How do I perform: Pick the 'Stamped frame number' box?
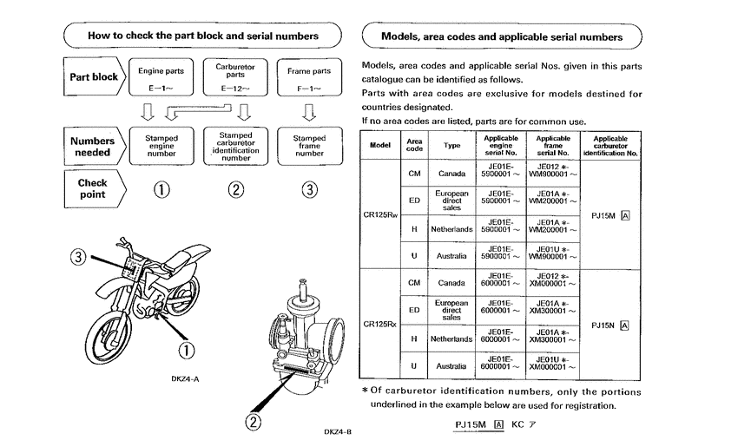pos(309,146)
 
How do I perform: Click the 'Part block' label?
pos(93,77)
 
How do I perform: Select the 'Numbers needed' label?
pos(92,147)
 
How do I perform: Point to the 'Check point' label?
pos(92,189)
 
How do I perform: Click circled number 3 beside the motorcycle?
pos(79,257)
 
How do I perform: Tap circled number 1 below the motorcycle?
pos(186,350)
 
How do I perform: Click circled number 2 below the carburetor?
pos(253,423)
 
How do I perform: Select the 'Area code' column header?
pos(414,145)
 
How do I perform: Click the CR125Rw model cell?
pos(379,214)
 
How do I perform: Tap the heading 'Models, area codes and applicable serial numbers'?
pos(501,37)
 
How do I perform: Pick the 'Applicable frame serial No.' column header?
pos(553,145)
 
